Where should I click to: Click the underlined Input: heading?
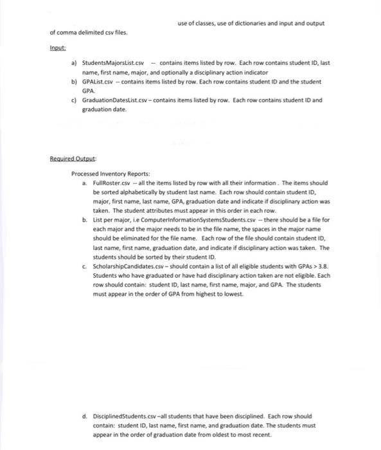pos(58,47)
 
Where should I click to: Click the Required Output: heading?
pos(70,157)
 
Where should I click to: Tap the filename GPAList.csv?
pos(99,82)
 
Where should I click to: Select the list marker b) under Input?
pos(74,82)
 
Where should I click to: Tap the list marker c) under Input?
pos(74,100)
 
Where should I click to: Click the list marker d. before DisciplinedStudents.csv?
pos(85,415)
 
